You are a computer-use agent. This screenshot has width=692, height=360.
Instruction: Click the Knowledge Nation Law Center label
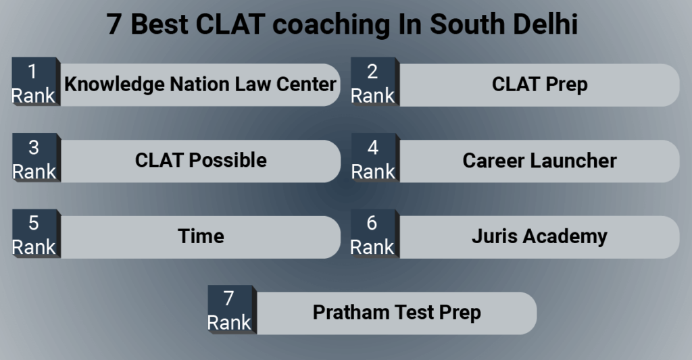tap(200, 84)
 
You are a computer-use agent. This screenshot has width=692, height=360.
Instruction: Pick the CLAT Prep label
tap(539, 84)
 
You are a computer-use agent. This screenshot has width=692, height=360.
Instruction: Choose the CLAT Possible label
tap(200, 160)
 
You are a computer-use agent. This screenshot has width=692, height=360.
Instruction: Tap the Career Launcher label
tap(539, 161)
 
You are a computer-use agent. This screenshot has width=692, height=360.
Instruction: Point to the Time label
tap(200, 236)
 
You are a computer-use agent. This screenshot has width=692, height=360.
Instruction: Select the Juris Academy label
tap(539, 236)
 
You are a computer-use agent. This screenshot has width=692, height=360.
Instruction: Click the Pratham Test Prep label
tap(396, 313)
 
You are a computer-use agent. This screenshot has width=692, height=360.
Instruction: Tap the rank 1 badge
tap(34, 83)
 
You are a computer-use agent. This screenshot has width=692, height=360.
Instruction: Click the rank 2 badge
tap(372, 83)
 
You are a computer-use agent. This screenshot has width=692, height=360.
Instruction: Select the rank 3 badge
tap(34, 159)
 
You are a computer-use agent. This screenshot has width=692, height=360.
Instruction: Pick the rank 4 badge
tap(372, 159)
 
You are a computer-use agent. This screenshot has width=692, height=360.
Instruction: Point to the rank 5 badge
tap(34, 235)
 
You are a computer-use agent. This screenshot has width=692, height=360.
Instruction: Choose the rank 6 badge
tap(372, 235)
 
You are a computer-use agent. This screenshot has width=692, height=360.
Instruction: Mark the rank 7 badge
tap(229, 311)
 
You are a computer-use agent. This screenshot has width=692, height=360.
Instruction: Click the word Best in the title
tap(159, 25)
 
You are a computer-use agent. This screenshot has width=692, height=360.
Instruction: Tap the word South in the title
tap(465, 25)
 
